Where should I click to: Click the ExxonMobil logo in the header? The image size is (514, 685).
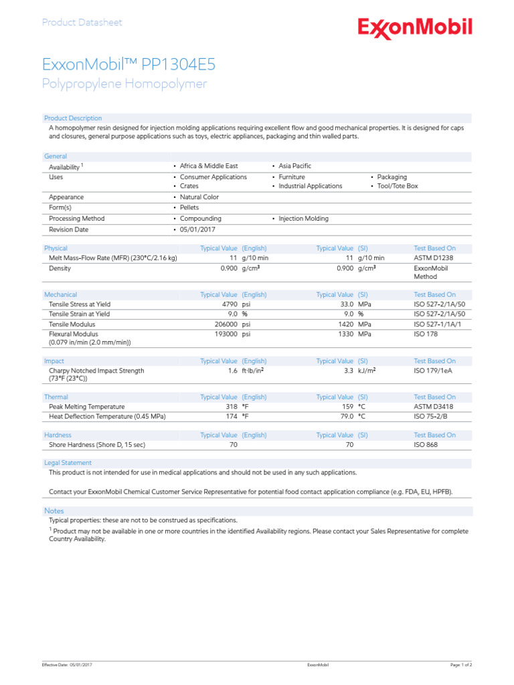[x=415, y=28]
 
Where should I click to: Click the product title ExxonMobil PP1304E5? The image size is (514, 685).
[x=128, y=65]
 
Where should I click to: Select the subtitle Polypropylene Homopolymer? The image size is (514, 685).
[x=124, y=84]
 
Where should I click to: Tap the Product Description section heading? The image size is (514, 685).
[x=73, y=118]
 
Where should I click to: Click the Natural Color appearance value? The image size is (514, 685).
[x=199, y=197]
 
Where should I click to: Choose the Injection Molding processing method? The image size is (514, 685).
[x=303, y=219]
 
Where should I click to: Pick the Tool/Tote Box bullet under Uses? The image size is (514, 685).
[x=397, y=186]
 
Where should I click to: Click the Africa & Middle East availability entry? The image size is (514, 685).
[x=209, y=166]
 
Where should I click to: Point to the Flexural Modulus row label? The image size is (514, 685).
[x=74, y=333]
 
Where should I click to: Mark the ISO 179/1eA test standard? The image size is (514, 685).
[x=434, y=370]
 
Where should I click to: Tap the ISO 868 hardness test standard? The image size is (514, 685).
[x=426, y=444]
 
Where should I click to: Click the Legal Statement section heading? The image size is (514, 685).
[x=68, y=463]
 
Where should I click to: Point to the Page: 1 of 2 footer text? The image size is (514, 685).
[x=461, y=666]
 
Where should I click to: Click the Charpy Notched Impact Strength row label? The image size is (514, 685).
[x=96, y=370]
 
